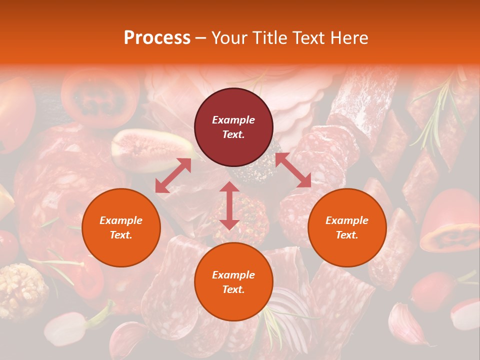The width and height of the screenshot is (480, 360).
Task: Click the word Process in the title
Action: (157, 38)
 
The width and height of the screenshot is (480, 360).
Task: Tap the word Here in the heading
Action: (348, 38)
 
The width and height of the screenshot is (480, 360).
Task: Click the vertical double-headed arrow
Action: (229, 205)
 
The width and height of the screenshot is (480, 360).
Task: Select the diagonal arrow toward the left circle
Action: (173, 175)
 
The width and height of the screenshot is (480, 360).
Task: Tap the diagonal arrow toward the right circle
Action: (293, 170)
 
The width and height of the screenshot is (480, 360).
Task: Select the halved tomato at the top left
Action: (100, 97)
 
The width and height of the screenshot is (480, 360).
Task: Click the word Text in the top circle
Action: (233, 134)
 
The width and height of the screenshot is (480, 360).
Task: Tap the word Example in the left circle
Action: (121, 220)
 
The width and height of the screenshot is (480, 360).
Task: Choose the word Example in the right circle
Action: (347, 220)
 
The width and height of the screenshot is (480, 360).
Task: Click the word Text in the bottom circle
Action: (233, 289)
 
